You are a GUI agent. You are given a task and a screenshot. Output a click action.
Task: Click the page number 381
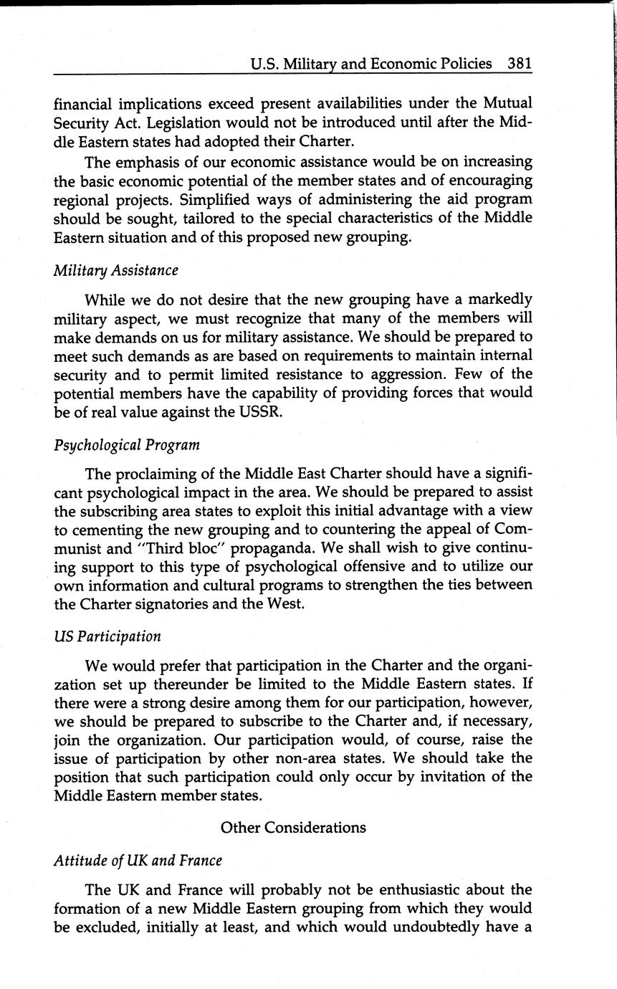click(520, 63)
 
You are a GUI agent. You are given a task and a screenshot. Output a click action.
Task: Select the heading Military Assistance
click(115, 270)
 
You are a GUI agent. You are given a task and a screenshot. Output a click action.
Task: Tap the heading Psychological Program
click(126, 445)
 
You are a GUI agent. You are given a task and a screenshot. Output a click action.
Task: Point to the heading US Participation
click(107, 636)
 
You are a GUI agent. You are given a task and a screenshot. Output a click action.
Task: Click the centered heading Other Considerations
click(293, 827)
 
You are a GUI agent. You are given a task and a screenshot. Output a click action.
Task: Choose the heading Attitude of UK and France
click(138, 860)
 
